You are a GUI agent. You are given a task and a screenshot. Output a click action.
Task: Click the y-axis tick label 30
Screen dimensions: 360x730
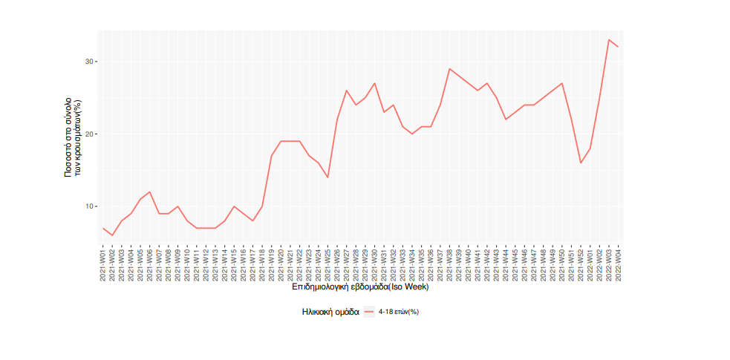88,62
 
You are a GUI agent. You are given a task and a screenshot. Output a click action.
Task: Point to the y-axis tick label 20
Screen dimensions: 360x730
88,134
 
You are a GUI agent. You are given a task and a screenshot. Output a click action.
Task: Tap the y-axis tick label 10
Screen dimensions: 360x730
88,206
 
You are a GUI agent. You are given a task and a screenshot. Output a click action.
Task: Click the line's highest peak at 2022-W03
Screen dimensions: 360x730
609,40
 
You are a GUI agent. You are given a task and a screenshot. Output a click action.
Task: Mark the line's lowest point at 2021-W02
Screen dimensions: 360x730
112,235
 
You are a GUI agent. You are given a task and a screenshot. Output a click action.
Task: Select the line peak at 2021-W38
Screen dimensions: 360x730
449,69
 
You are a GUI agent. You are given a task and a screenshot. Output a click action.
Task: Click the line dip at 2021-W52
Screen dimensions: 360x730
581,163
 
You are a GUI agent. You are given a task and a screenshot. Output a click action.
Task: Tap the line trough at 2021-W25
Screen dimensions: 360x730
327,177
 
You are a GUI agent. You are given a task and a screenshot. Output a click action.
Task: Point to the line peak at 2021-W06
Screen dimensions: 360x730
150,192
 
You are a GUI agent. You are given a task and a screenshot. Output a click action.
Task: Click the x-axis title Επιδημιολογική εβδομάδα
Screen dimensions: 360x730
360,287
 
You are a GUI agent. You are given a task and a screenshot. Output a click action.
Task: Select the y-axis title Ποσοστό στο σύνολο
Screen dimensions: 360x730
71,134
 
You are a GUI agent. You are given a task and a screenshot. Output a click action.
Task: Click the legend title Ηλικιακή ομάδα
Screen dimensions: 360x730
330,312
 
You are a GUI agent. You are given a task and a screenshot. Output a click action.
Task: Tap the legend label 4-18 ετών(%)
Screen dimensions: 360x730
399,312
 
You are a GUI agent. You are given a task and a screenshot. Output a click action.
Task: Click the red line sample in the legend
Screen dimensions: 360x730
369,312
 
